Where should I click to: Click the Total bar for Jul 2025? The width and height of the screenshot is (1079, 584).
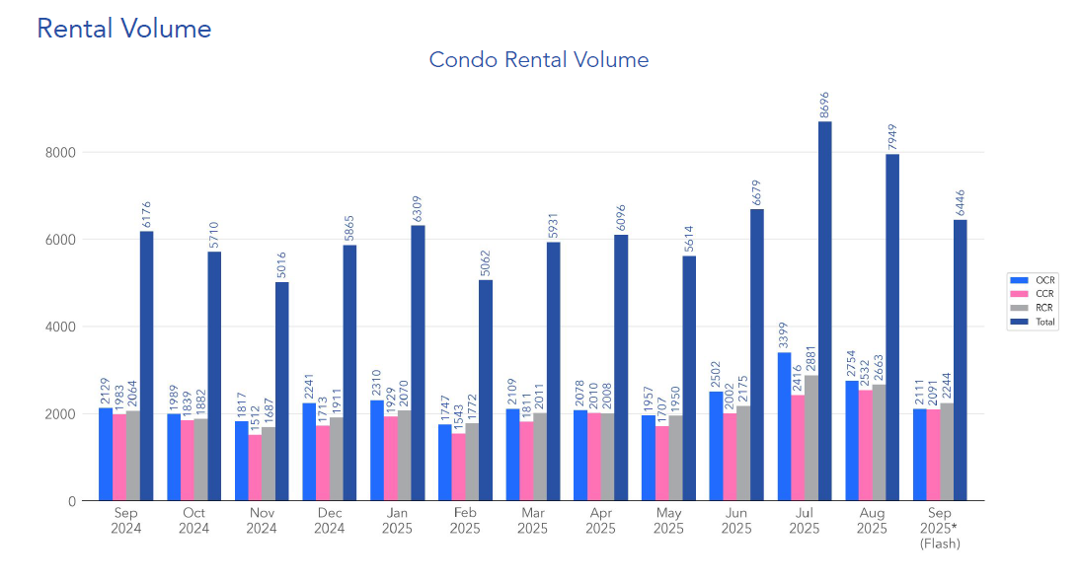coord(824,311)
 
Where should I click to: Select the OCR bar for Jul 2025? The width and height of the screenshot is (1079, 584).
coord(784,426)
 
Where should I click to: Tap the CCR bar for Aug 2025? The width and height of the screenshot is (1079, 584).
coord(865,445)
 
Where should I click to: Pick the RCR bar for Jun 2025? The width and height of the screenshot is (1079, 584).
coord(743,453)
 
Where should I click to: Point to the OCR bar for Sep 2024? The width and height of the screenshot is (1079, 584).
coord(106,454)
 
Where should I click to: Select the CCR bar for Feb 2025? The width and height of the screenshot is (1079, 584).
coord(458,467)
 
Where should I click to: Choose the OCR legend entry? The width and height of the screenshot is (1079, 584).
coord(1033,280)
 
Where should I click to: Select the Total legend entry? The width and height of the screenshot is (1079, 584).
coord(1033,322)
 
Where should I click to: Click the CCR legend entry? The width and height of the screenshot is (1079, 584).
coord(1033,294)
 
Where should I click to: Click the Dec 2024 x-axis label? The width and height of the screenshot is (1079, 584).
coord(329,522)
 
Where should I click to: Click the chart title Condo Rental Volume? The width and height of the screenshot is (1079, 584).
coord(538,59)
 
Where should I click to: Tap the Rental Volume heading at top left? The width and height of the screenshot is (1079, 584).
coord(124,29)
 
